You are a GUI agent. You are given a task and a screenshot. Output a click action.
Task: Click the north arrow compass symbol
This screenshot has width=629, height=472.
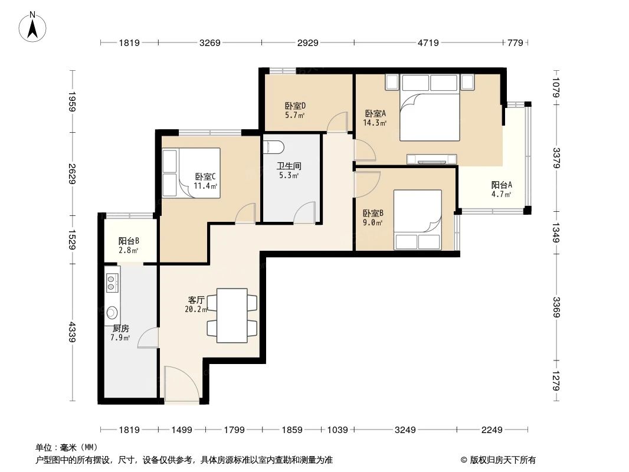32,27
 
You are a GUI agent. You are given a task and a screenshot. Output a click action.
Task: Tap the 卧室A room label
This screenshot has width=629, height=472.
375,113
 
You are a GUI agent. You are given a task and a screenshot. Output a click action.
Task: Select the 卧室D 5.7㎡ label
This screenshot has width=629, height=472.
295,110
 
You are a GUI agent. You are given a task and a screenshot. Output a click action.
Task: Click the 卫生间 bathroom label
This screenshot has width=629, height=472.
289,166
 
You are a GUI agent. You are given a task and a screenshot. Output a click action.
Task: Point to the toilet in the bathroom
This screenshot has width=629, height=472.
274,146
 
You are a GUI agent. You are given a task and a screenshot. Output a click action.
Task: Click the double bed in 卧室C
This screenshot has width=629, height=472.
191,173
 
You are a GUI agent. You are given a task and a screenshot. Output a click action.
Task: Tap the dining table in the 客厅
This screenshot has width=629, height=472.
232,316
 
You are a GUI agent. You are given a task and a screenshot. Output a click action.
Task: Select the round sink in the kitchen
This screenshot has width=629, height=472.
112,312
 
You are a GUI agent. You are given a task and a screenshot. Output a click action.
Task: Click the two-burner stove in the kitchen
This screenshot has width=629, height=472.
112,283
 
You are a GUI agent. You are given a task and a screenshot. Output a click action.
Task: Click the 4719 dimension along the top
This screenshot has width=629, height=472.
428,42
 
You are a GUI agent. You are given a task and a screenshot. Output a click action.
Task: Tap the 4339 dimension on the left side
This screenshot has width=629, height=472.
73,332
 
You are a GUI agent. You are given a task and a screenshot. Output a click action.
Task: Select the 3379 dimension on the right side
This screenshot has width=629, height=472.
556,158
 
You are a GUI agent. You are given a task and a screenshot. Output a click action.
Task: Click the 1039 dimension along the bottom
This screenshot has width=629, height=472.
338,430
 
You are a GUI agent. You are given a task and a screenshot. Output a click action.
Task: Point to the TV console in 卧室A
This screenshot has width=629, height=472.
432,159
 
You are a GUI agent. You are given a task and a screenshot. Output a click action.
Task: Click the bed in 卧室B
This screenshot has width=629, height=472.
418,219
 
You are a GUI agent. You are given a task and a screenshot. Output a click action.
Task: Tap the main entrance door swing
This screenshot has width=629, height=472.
182,382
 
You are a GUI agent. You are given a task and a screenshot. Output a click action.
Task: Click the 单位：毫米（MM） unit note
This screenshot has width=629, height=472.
67,448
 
